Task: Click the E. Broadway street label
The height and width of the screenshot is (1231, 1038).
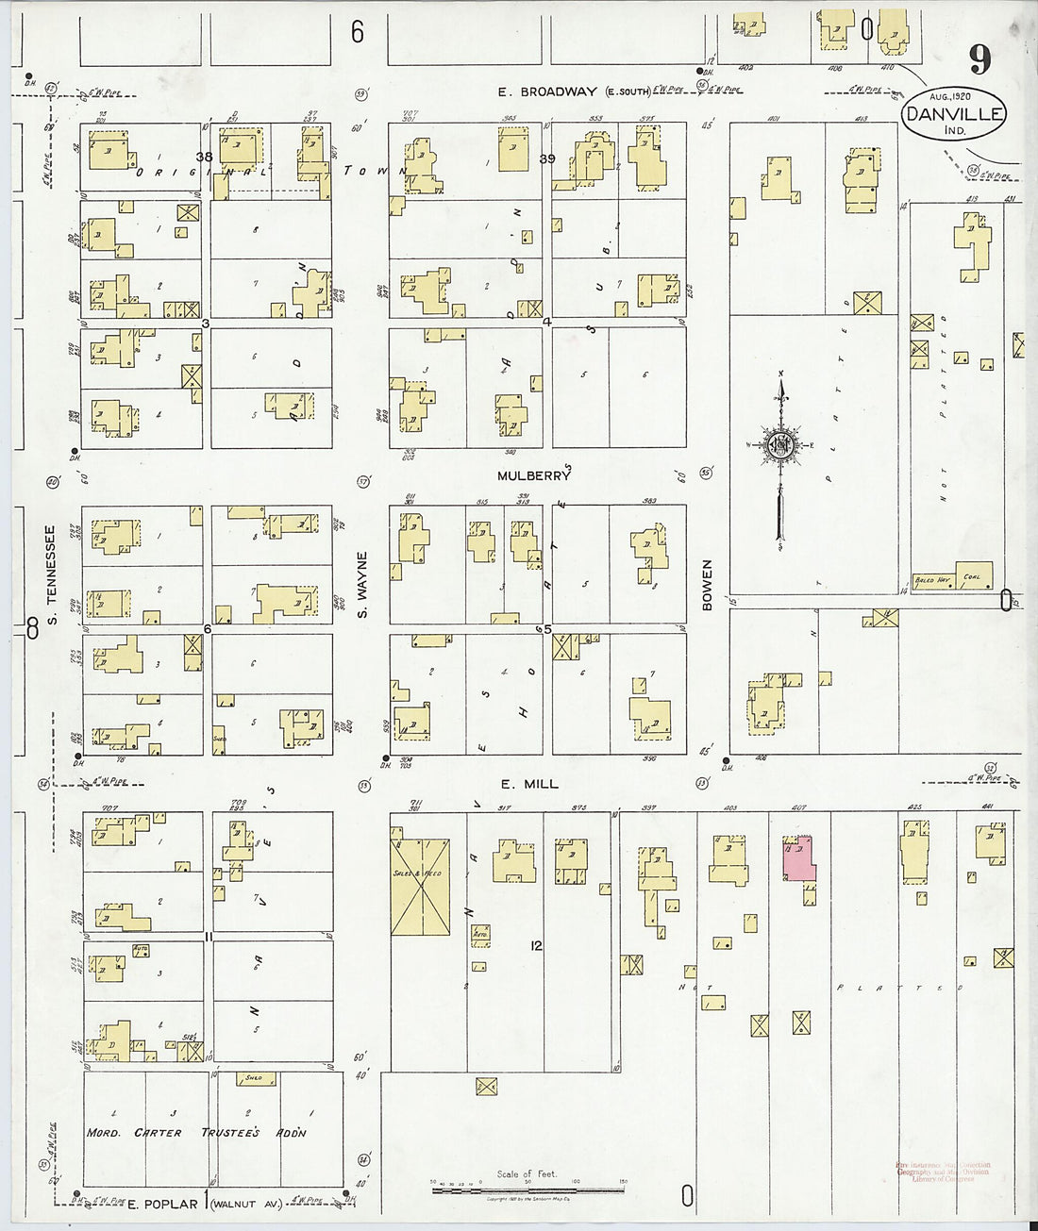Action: tap(547, 91)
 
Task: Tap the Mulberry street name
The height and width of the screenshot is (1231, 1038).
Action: tap(534, 476)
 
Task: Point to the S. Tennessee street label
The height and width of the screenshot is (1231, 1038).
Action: tap(53, 574)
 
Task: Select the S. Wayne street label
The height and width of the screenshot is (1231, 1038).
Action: tap(362, 586)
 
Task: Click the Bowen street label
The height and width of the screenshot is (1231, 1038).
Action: tap(707, 585)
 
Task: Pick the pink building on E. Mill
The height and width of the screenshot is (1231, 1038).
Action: tap(799, 859)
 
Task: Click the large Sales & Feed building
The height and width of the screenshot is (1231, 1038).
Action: tap(420, 887)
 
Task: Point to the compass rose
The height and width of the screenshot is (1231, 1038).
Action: tap(780, 445)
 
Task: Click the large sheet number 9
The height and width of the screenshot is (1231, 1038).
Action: tap(979, 60)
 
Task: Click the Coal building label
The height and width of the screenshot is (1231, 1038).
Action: tap(972, 576)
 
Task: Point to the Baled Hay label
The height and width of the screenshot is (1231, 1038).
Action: tap(932, 580)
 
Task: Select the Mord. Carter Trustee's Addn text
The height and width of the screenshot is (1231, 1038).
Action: tap(195, 1132)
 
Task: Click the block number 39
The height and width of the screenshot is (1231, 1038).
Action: tap(546, 158)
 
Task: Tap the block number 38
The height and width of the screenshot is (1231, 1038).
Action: tap(205, 156)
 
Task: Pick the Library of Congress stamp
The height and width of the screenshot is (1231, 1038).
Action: tap(944, 1173)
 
